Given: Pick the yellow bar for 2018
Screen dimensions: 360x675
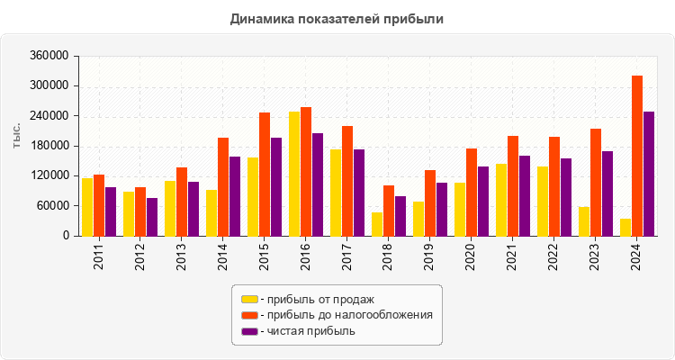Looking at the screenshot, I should click(377, 224).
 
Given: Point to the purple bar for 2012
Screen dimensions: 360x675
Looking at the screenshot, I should click(152, 217).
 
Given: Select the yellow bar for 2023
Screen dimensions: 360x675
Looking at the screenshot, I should click(584, 221).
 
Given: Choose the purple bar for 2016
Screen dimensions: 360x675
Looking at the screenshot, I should click(318, 184).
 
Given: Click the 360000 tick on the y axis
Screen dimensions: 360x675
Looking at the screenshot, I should click(50, 56).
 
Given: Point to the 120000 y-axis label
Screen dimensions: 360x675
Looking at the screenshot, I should click(50, 175).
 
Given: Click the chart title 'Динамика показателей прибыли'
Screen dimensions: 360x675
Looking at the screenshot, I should click(337, 18).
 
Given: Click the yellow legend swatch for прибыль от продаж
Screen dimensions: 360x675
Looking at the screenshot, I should click(249, 299).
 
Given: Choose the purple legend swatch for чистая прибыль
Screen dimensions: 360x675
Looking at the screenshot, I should click(249, 331).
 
